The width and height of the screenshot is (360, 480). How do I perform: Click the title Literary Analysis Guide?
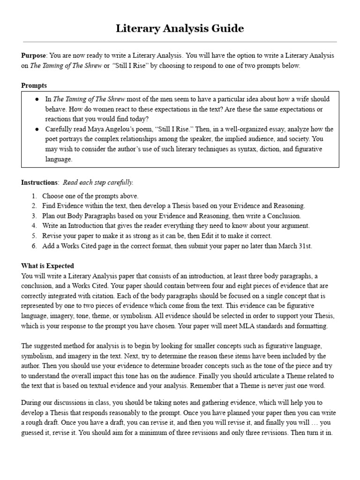[x=180, y=29]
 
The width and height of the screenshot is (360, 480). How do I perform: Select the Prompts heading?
[x=34, y=86]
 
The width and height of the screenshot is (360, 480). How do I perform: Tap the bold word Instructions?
[x=40, y=182]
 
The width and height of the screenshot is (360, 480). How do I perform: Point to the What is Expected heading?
[x=47, y=266]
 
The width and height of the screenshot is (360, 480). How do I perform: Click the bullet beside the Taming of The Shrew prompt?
[x=37, y=99]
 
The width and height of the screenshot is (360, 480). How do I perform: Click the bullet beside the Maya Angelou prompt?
[x=37, y=129]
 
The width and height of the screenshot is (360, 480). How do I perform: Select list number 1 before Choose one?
[x=34, y=196]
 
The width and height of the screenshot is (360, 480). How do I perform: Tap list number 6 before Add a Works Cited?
[x=34, y=246]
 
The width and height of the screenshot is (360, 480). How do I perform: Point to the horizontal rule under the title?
[x=180, y=42]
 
